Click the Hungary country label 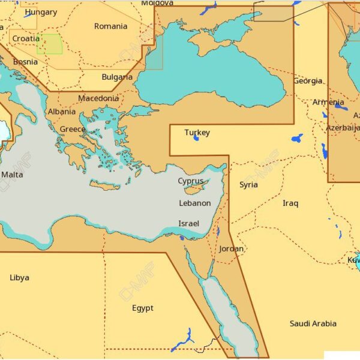[x=41, y=12]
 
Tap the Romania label [x=111, y=26]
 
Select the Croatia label [x=26, y=38]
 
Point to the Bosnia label [x=25, y=61]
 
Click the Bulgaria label [x=117, y=77]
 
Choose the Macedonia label [x=98, y=98]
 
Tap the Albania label [x=62, y=112]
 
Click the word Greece [x=72, y=129]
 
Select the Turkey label [x=197, y=133]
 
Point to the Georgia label [x=307, y=81]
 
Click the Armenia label [x=328, y=103]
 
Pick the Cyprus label [x=190, y=181]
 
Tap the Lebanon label [x=195, y=203]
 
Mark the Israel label [x=188, y=224]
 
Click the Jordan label [x=232, y=248]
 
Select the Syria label [x=248, y=185]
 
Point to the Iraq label [x=290, y=203]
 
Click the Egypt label [x=143, y=308]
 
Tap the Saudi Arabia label [x=313, y=323]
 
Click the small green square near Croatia [x=50, y=44]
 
